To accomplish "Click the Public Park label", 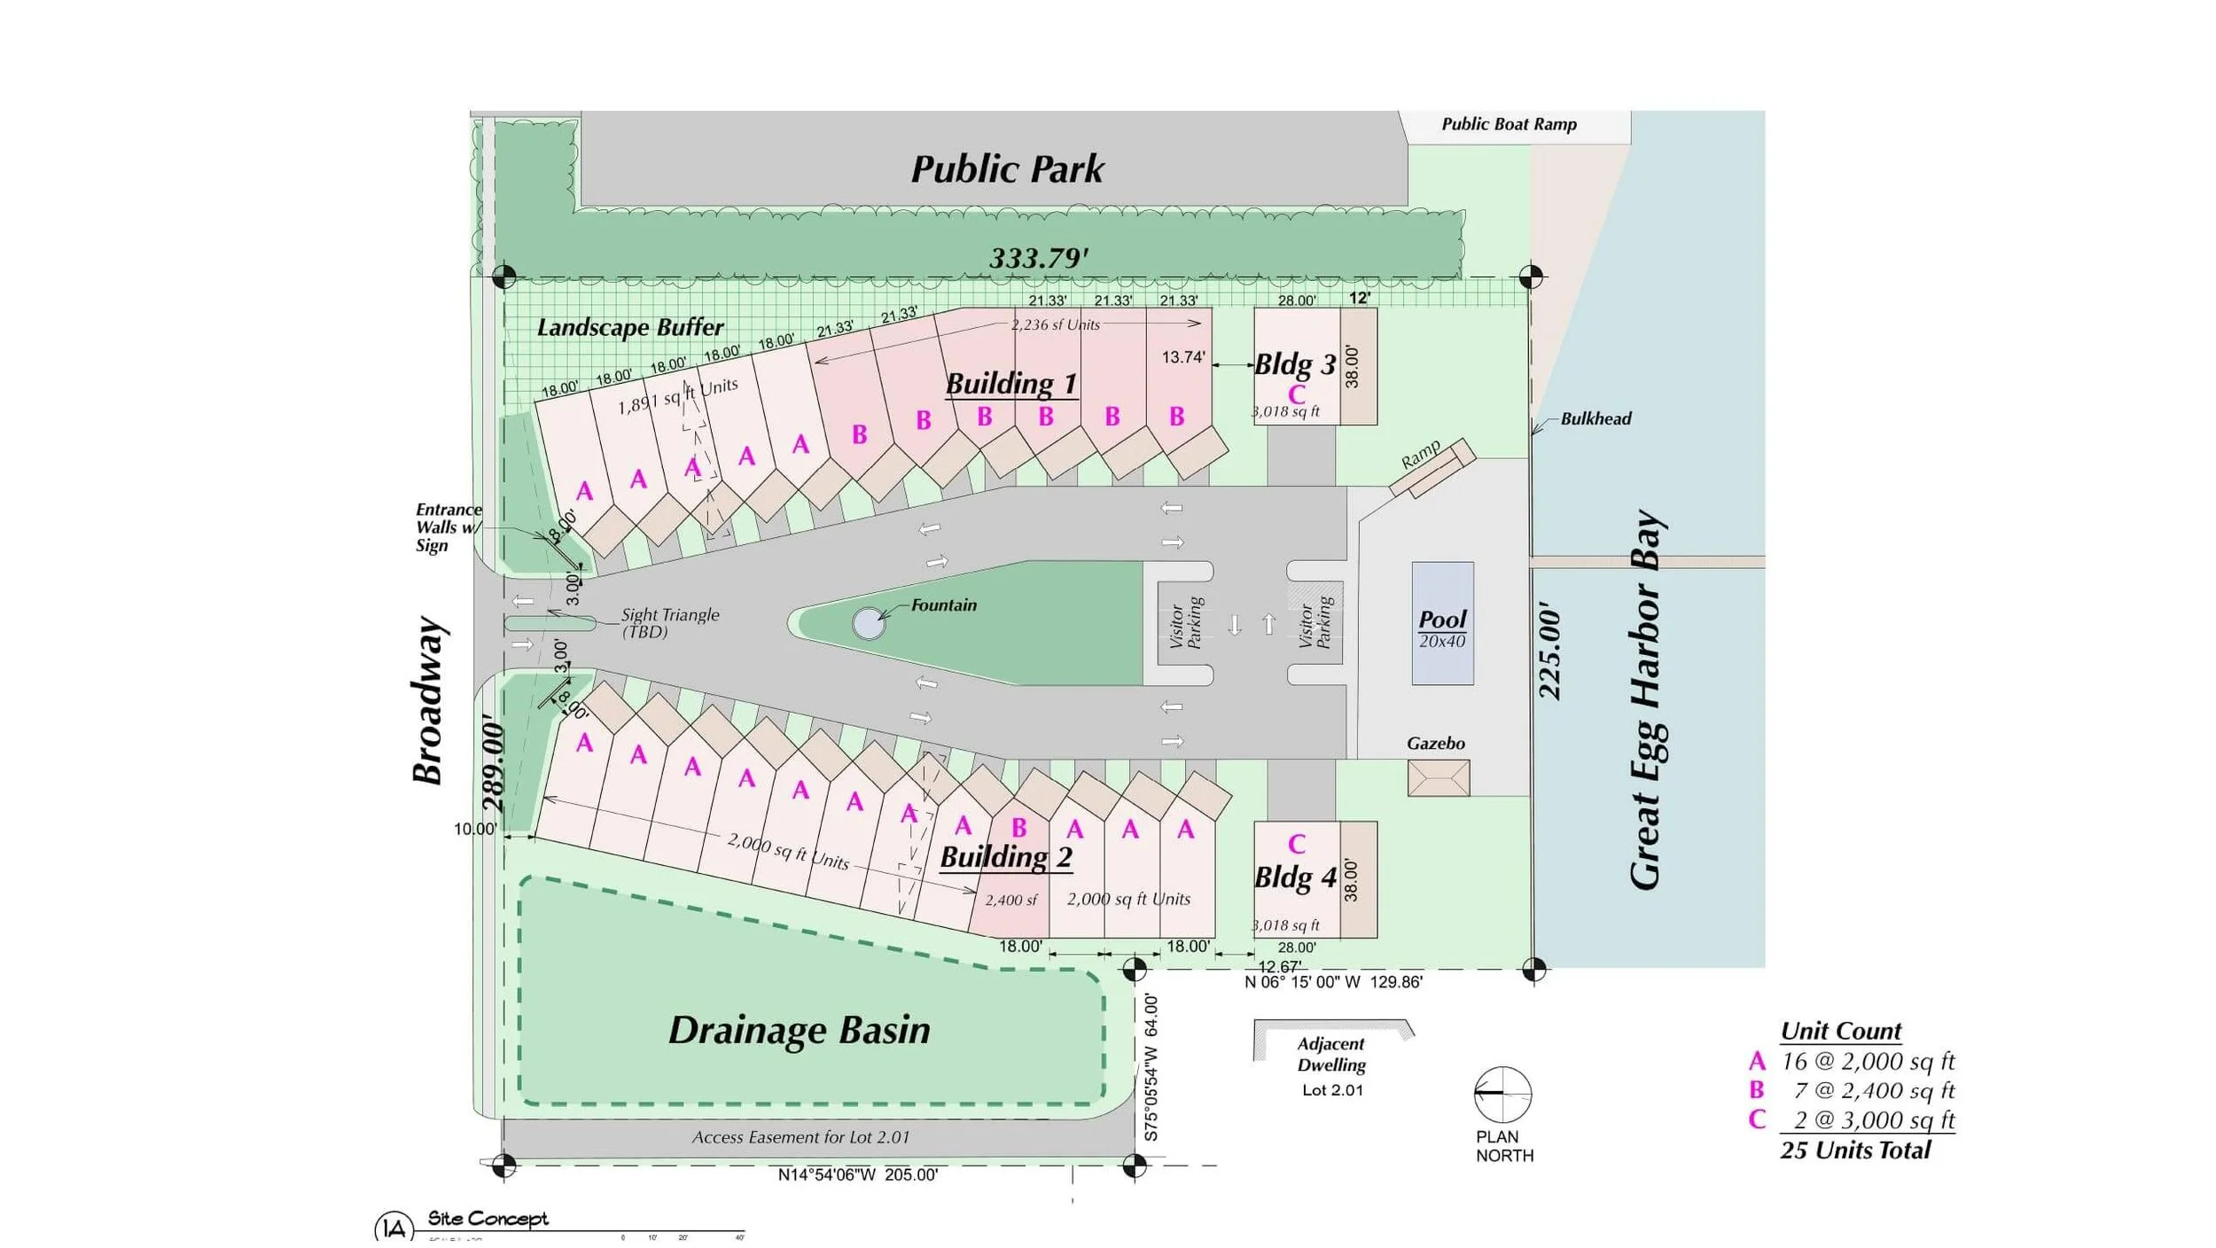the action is click(1007, 168).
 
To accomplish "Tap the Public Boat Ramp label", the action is click(1509, 124).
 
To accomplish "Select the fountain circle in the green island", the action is click(869, 623).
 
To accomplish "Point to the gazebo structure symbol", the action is click(1438, 777).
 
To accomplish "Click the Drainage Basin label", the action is click(799, 1030).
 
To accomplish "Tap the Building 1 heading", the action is click(1010, 383).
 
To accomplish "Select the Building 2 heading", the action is click(1005, 857).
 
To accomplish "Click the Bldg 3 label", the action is click(1294, 364).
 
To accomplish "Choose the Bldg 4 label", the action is click(1294, 877).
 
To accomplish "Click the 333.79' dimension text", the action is click(1038, 258).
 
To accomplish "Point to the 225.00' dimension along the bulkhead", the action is click(1549, 651).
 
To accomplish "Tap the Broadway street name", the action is click(428, 700).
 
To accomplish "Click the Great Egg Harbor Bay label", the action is click(1647, 700).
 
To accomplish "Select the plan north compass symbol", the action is click(1502, 1094).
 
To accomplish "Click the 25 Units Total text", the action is click(1854, 1150).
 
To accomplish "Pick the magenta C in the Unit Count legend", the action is click(1756, 1119).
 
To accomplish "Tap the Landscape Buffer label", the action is click(630, 327).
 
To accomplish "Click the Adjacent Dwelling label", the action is click(1331, 1055).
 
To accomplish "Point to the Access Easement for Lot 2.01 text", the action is click(800, 1137).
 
